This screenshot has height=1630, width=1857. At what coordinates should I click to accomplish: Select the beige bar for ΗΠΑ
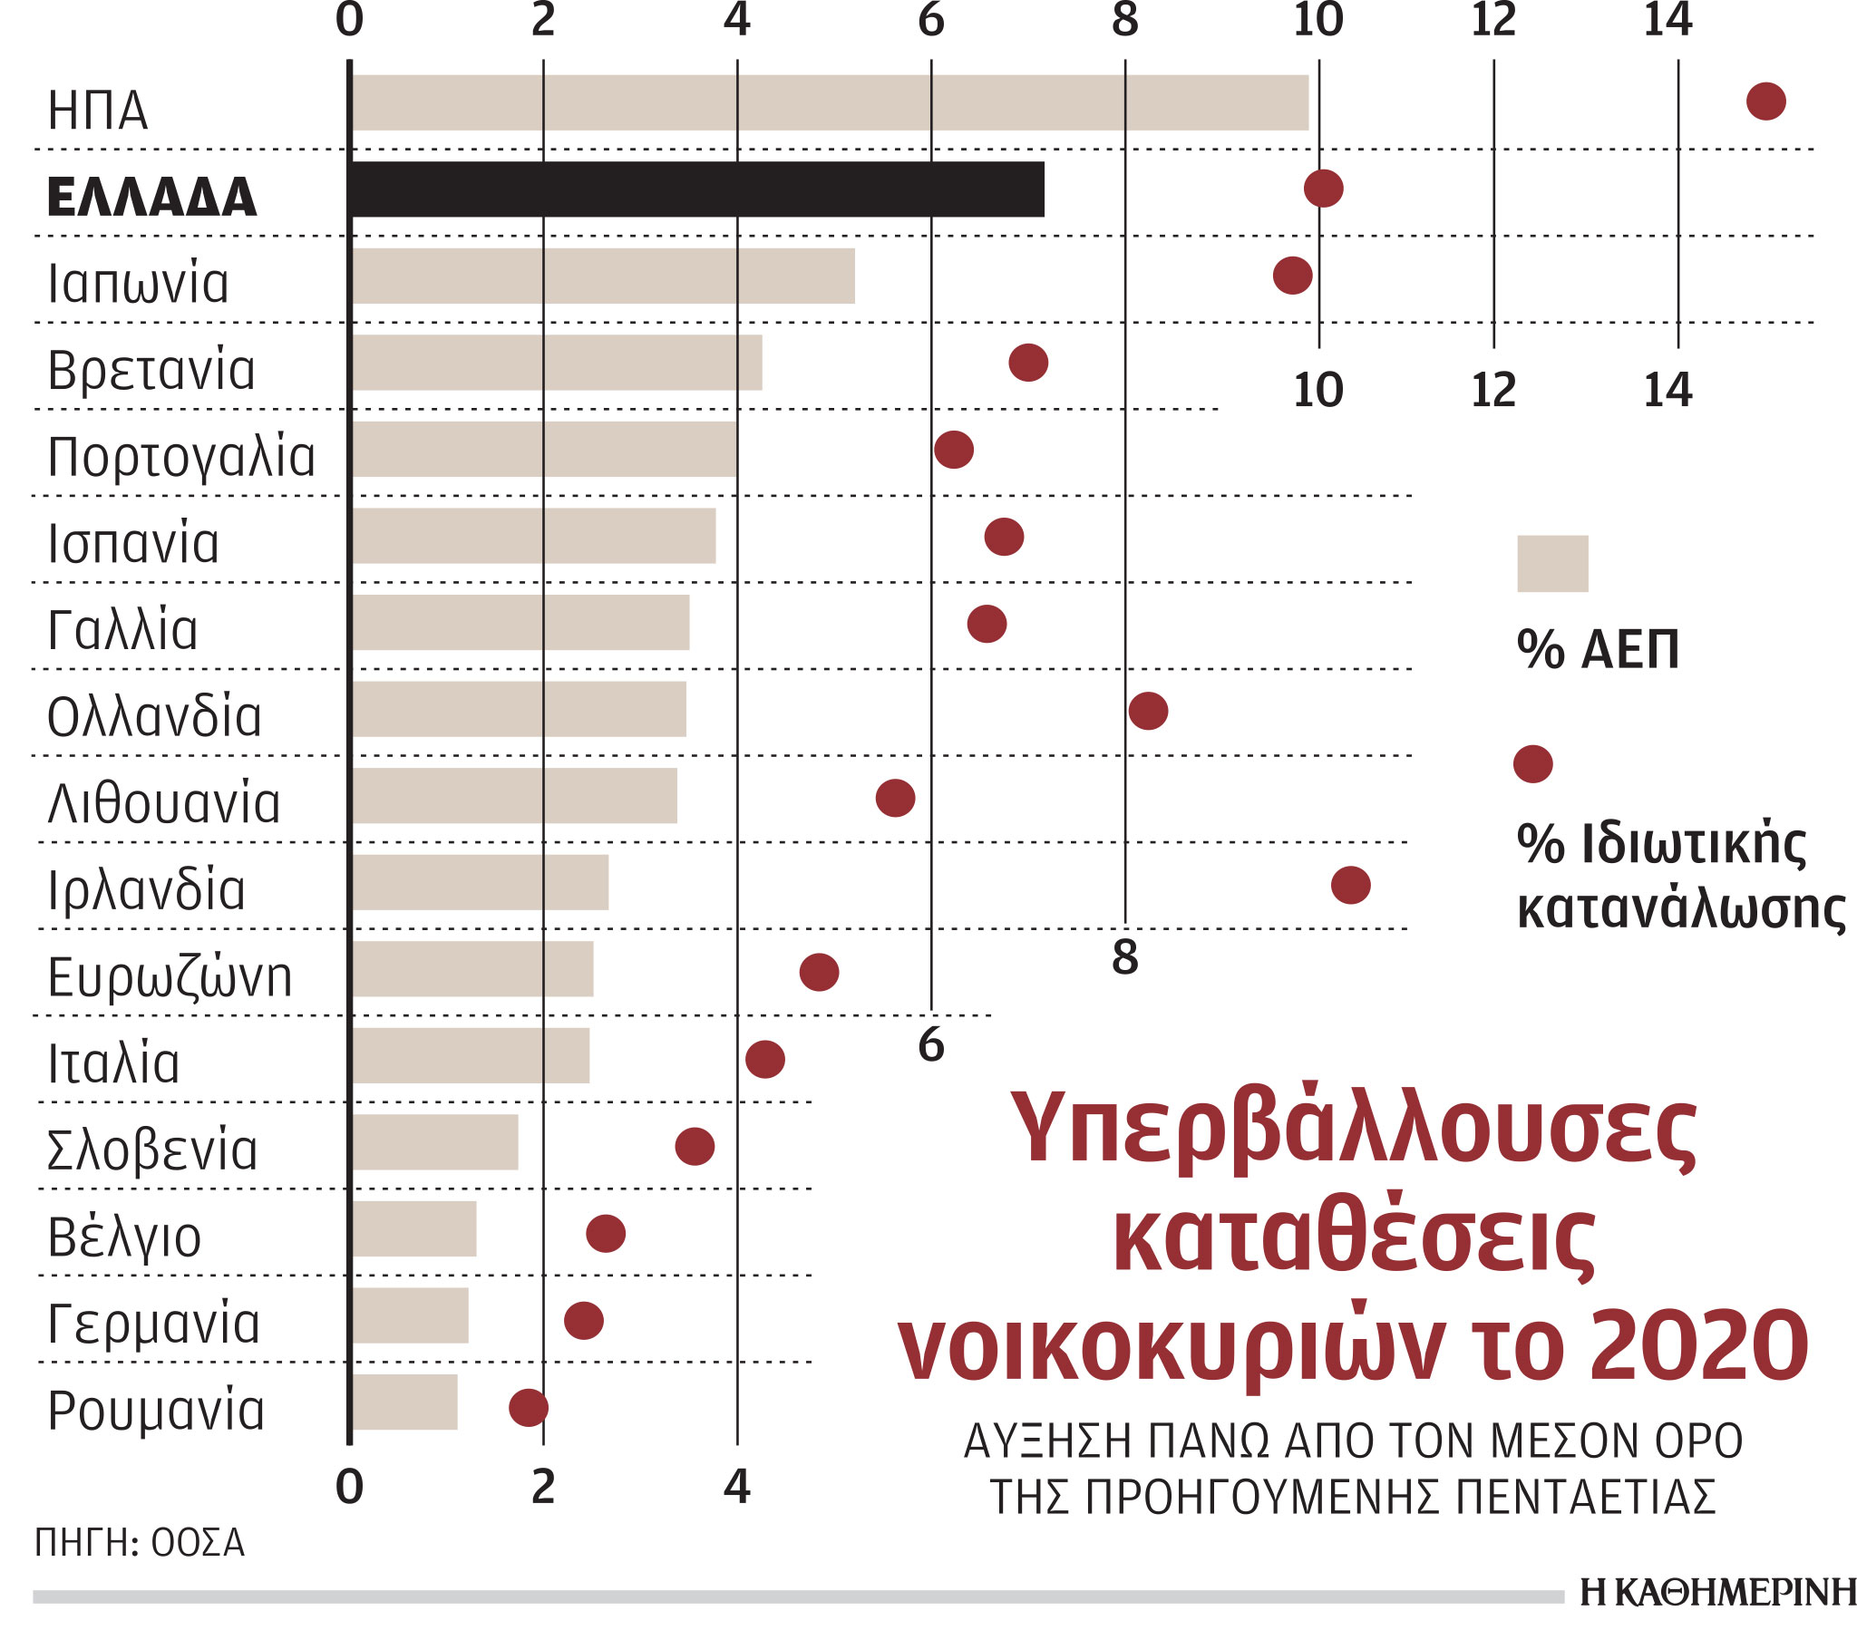tap(830, 102)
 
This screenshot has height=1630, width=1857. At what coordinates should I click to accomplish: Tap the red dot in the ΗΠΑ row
tap(1765, 101)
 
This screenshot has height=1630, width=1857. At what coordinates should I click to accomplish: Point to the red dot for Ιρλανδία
tap(1350, 885)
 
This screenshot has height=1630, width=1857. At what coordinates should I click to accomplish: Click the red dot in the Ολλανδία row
tap(1147, 711)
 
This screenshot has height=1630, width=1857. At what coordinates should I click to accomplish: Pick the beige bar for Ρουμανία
tap(405, 1402)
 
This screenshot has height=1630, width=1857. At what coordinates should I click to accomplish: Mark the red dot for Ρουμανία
tap(528, 1407)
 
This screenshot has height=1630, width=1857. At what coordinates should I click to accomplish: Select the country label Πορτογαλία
tap(180, 457)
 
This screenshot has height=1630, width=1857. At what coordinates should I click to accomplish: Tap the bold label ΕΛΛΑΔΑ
tap(151, 197)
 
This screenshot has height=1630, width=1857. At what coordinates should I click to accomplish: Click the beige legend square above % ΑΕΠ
tap(1551, 563)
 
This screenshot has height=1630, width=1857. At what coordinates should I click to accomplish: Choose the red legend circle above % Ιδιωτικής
tap(1532, 763)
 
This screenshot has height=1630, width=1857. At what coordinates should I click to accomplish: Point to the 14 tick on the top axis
tap(1667, 20)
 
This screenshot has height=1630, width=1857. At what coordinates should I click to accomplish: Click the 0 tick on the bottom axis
tap(350, 1487)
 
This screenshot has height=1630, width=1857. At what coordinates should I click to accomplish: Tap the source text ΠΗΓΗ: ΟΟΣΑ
tap(140, 1543)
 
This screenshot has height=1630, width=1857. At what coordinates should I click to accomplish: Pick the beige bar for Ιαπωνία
tap(603, 277)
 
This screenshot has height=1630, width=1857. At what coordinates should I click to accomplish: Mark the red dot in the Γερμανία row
tap(583, 1320)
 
